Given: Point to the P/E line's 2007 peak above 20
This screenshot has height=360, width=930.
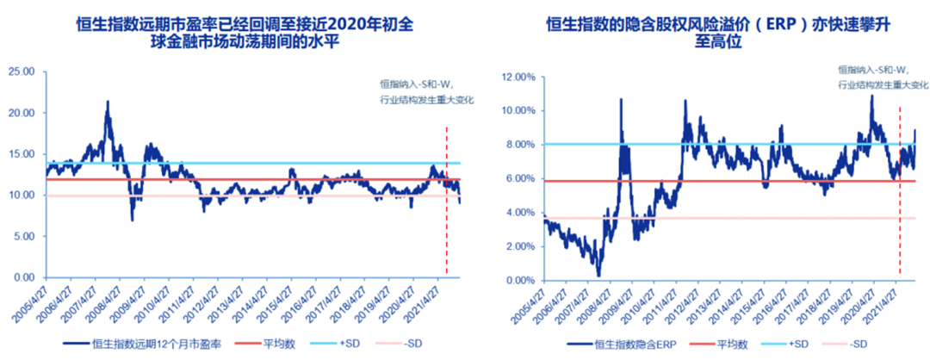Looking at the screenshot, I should pos(108,102).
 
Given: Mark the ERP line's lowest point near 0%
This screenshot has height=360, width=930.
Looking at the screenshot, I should pos(598,275).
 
